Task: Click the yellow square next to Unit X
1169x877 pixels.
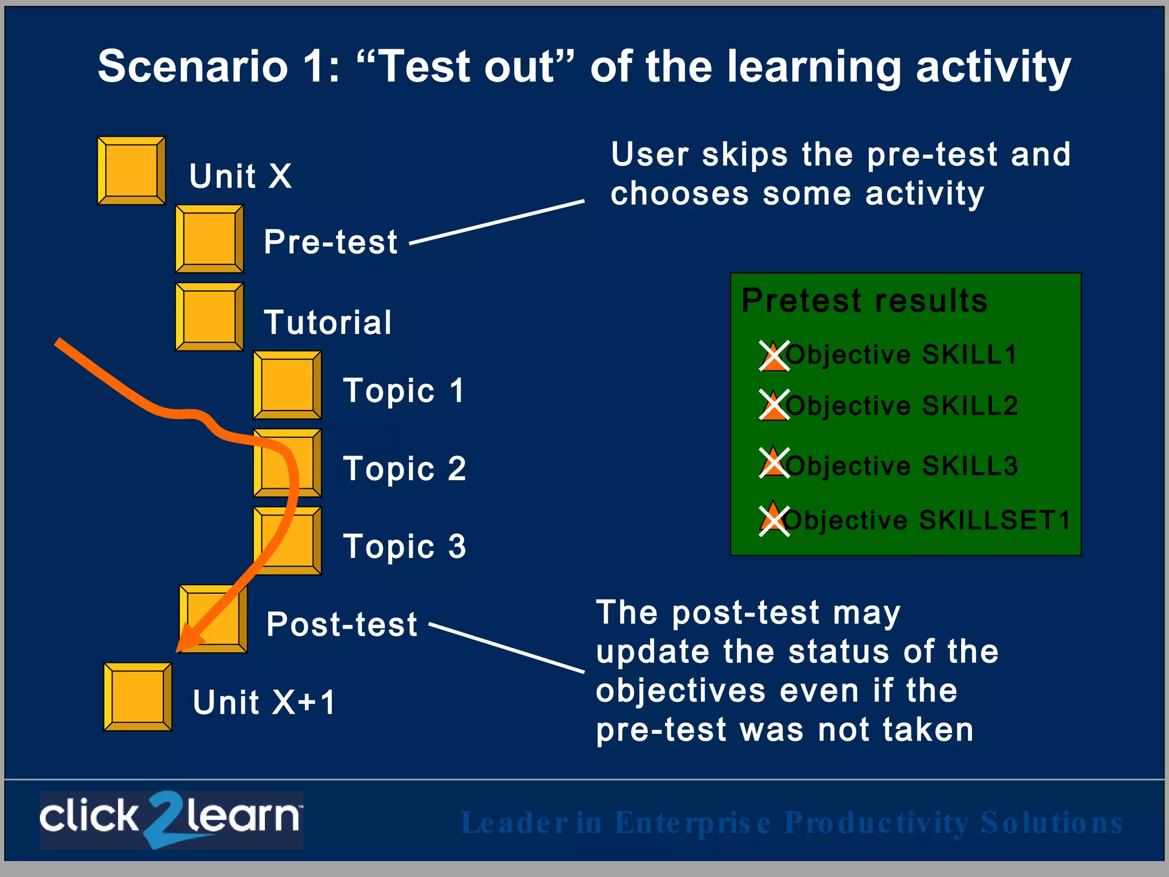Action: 131,170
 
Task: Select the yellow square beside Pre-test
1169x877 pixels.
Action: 209,239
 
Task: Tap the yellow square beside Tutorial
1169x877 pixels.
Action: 209,316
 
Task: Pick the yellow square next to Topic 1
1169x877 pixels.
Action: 287,385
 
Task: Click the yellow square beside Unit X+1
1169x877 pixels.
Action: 138,697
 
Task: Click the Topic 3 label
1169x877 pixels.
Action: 404,546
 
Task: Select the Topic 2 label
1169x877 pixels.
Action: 404,469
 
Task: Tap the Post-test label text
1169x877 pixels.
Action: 341,624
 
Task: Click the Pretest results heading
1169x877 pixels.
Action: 864,300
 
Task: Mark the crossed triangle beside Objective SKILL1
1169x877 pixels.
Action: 774,356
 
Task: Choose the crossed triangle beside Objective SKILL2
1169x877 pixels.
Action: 774,405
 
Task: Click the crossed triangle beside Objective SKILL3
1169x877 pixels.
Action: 774,462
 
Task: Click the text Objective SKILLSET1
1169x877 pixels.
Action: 927,520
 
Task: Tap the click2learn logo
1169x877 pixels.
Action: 171,819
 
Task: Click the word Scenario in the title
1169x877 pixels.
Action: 193,66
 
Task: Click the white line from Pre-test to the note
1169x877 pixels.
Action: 497,222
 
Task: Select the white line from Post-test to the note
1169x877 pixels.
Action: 507,647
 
